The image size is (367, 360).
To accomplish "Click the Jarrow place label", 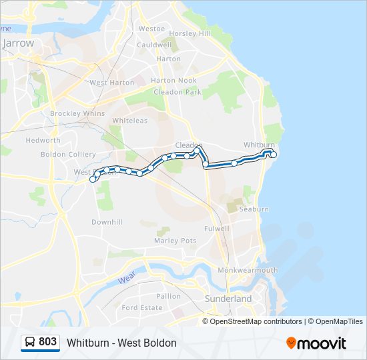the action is (18, 43).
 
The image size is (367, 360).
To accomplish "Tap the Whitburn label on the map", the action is (259, 145).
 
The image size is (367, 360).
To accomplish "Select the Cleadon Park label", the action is (177, 92).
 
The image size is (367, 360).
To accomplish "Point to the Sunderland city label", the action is (228, 299).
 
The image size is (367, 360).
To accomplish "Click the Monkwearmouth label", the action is (247, 270).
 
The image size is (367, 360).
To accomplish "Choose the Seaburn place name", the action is (254, 209).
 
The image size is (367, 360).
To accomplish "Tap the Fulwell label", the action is (217, 228).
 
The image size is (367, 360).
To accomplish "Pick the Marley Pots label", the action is (175, 240).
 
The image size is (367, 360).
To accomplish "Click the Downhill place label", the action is (107, 222).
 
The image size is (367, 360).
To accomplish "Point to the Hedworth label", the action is (43, 140).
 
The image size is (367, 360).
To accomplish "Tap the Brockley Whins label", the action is (77, 113).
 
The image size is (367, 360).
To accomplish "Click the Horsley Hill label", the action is (190, 33).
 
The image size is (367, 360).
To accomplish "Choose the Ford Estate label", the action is (141, 307).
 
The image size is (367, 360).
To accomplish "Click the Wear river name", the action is (127, 279).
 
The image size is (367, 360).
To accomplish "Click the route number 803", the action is (47, 342).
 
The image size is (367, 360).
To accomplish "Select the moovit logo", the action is (316, 343).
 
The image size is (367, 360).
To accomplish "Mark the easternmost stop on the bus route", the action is (274, 155).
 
